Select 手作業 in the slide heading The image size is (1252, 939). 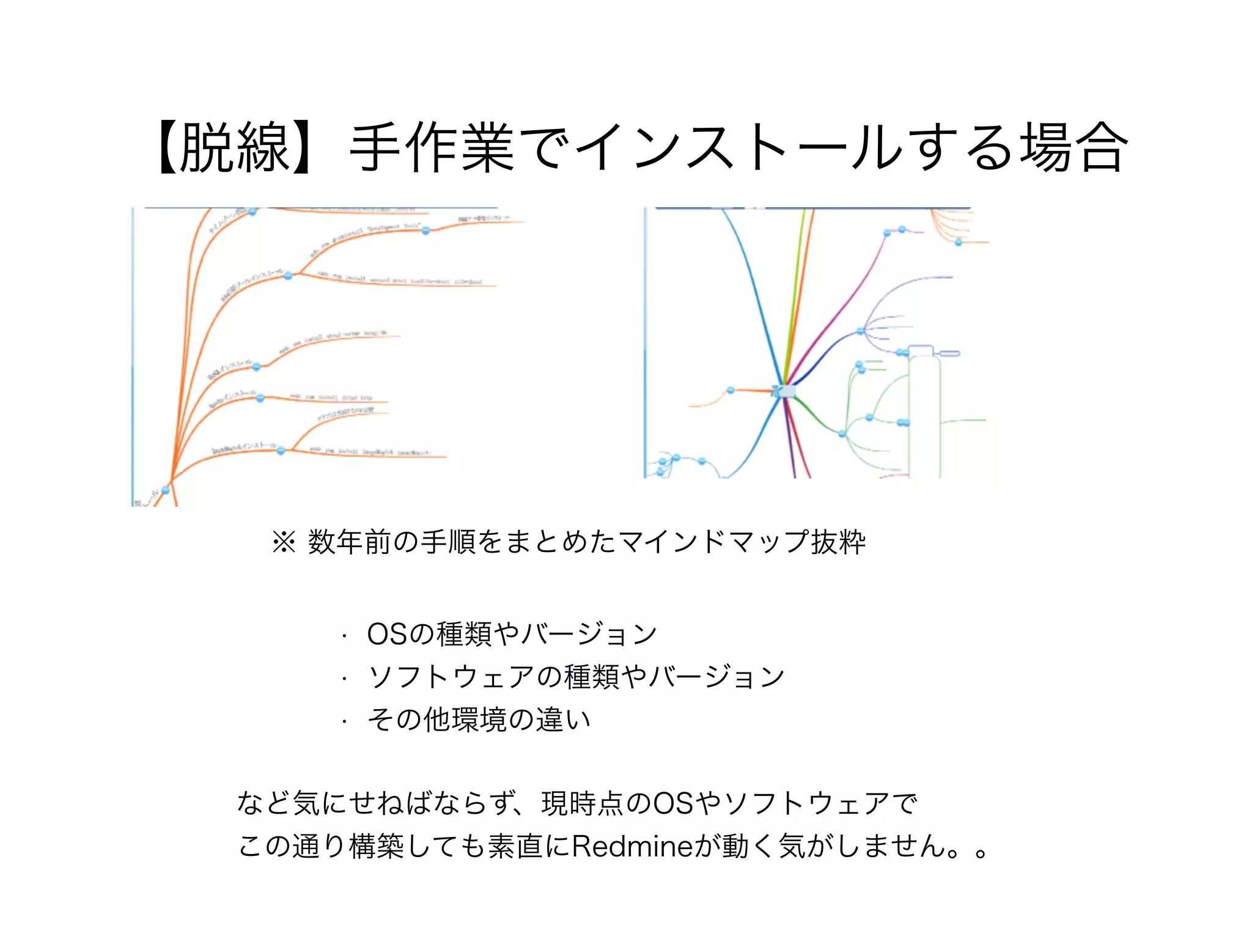432,148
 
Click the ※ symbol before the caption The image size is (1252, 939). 284,542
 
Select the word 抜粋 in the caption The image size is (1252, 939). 838,542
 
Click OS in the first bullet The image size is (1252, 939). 387,634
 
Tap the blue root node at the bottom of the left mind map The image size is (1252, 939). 165,490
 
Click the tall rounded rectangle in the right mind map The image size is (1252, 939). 924,416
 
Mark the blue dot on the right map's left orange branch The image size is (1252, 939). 731,390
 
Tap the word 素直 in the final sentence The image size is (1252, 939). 515,846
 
